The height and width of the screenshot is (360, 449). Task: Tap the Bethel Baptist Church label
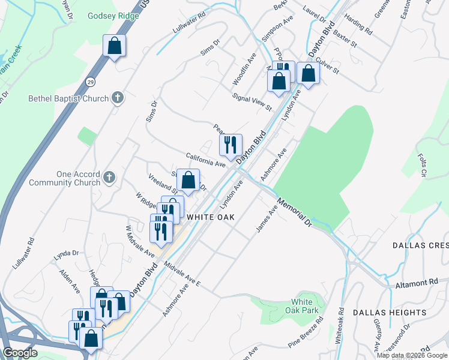(68, 98)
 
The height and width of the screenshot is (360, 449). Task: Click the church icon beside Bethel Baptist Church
(117, 98)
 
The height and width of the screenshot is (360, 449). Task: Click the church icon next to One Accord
(109, 177)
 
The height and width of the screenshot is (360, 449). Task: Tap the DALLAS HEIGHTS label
(389, 313)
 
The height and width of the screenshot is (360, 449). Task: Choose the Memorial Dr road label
(295, 211)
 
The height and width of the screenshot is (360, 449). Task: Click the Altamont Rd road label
(417, 283)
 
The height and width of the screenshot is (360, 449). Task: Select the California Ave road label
(205, 160)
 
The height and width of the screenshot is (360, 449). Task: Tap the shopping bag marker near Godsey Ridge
(114, 46)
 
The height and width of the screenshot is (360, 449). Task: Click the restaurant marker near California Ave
(230, 144)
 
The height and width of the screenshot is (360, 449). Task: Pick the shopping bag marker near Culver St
(308, 73)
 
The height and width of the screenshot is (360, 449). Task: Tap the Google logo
(19, 353)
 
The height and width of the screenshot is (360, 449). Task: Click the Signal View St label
(252, 102)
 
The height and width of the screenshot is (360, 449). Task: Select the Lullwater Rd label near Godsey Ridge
(188, 28)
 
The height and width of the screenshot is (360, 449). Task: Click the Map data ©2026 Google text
(411, 355)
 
